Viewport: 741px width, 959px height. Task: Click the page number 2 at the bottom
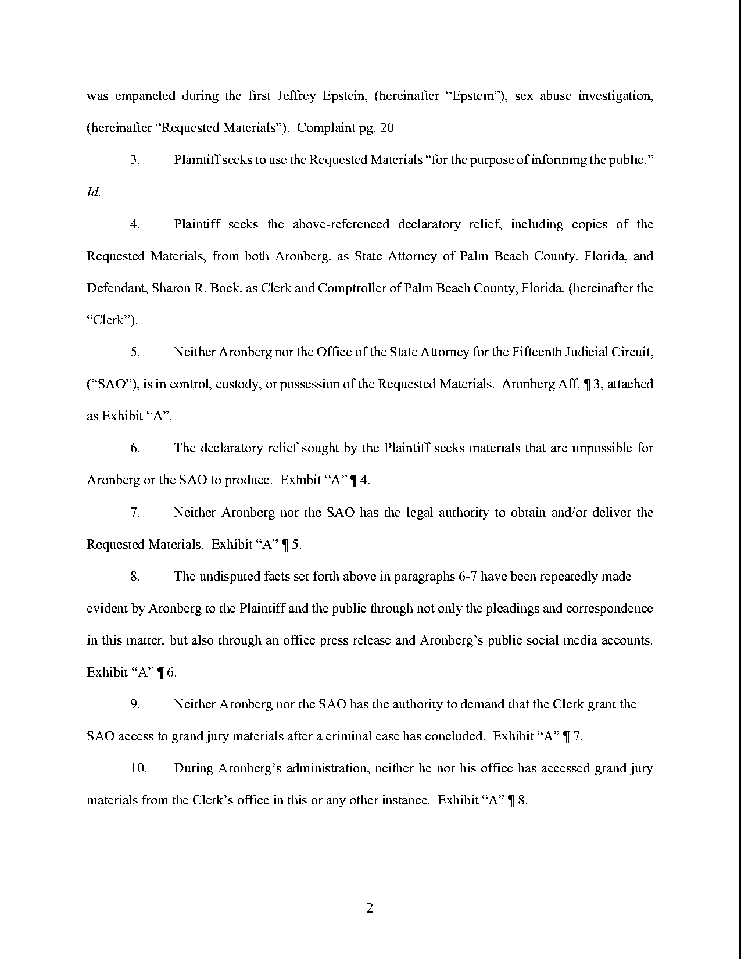(x=370, y=908)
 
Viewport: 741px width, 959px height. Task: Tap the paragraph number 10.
(x=138, y=768)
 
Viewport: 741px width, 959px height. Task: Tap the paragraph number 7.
(x=135, y=512)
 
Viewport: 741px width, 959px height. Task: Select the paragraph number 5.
(x=135, y=352)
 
